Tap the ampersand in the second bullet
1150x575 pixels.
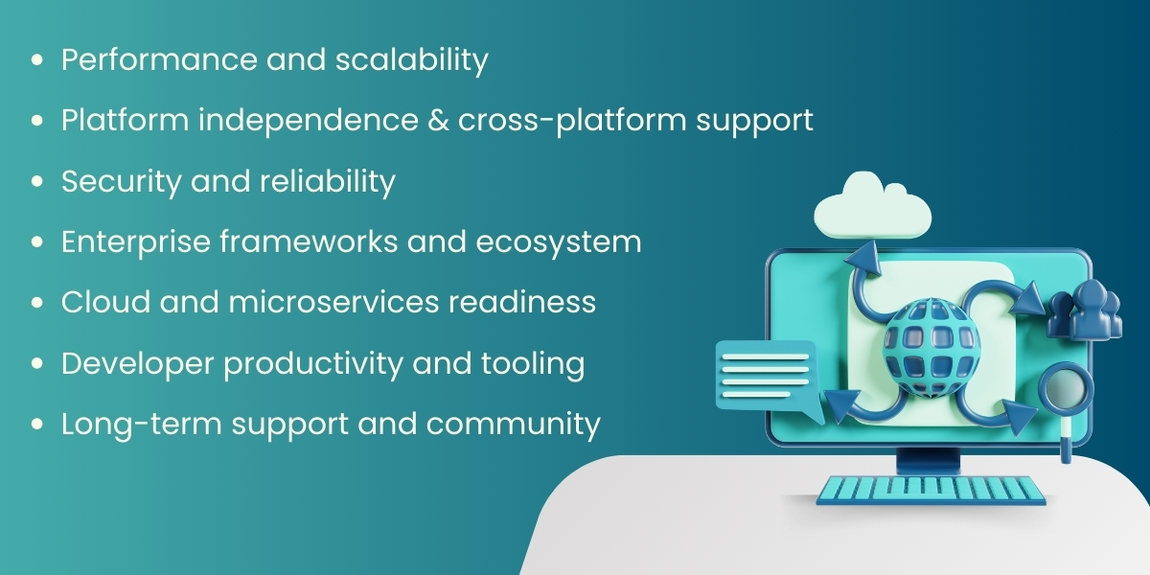433,121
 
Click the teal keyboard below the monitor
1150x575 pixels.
931,490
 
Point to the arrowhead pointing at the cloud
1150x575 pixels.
864,258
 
